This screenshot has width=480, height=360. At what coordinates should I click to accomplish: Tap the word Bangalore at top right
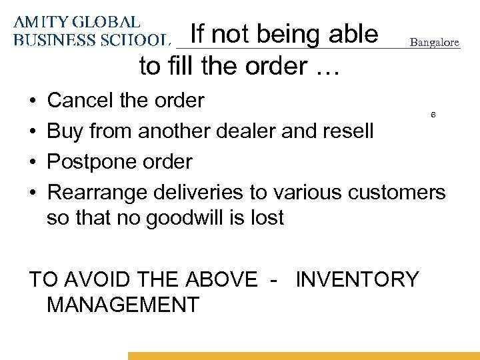coord(434,42)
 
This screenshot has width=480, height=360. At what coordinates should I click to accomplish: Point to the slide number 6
coord(433,115)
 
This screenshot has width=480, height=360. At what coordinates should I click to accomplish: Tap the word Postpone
coord(91,161)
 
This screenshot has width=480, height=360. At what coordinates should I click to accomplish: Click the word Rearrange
coord(98,192)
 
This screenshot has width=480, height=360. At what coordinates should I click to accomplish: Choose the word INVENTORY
coord(357,279)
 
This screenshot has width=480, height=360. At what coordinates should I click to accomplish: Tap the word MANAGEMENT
coord(123,305)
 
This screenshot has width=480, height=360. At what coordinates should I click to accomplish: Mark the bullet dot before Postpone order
coord(33,162)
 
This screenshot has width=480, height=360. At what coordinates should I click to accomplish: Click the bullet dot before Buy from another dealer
coord(33,131)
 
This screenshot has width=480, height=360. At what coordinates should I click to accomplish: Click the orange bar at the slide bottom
coord(303,356)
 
